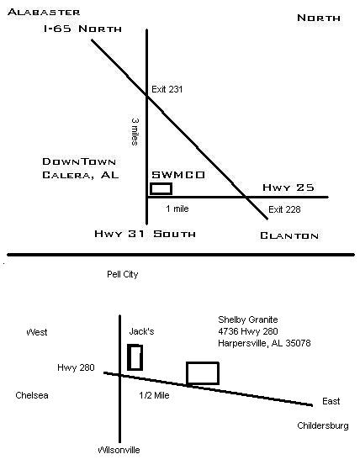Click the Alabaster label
coord(44,13)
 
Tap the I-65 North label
coord(82,29)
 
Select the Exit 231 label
coord(167,89)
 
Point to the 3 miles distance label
coord(135,132)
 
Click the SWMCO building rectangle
coord(161,189)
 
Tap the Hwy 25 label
coord(289,187)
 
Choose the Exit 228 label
coord(284,209)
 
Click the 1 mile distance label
coord(177,209)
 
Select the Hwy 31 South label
coord(145,234)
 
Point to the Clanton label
coord(289,236)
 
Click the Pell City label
coord(123,274)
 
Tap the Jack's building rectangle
coord(135,357)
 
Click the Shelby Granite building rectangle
coord(203,373)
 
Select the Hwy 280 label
coord(76,367)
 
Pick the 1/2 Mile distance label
coord(154,395)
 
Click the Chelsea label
coord(32,395)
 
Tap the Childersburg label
coord(323,425)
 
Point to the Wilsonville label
coord(119,450)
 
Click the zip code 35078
coord(299,343)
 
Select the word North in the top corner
coord(319,18)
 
